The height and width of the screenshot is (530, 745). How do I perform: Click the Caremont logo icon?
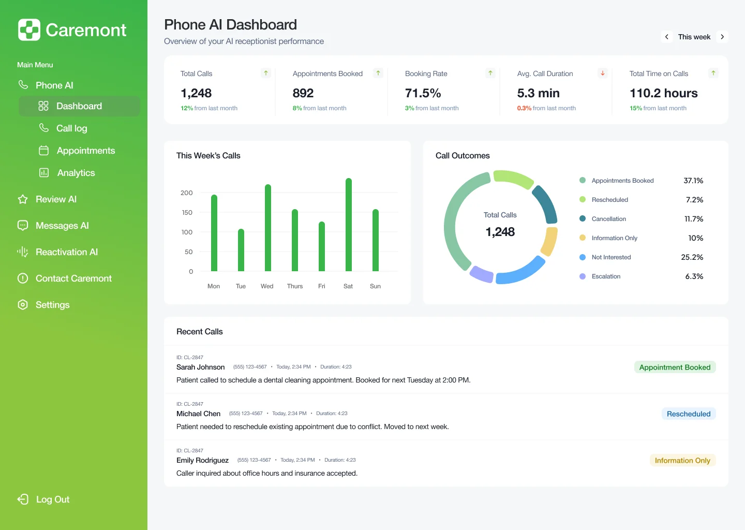click(x=29, y=30)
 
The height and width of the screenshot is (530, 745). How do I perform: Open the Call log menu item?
click(x=71, y=128)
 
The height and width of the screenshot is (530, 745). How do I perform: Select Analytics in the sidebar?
click(x=76, y=173)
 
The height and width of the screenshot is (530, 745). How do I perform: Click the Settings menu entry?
click(x=52, y=305)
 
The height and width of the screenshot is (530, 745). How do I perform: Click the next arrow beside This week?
click(x=722, y=37)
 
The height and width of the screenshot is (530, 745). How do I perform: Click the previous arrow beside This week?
click(x=667, y=37)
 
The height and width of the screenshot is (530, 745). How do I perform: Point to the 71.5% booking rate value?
click(x=423, y=93)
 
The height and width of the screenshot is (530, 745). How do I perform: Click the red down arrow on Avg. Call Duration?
click(x=603, y=73)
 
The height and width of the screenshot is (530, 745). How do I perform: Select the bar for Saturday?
click(x=348, y=225)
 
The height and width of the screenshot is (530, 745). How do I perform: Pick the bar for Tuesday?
click(x=241, y=250)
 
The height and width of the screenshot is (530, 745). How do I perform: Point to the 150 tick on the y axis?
click(x=187, y=213)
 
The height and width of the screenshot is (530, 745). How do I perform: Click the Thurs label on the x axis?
click(x=295, y=286)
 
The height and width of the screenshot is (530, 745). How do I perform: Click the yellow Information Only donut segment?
click(x=550, y=241)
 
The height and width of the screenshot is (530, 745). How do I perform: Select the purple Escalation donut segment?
click(x=482, y=274)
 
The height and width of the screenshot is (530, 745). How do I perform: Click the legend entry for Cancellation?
click(x=608, y=219)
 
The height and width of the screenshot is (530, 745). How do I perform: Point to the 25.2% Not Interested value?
click(x=692, y=257)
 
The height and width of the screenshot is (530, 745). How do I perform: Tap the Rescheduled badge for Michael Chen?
click(x=688, y=414)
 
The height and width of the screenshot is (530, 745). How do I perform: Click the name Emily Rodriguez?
click(x=202, y=460)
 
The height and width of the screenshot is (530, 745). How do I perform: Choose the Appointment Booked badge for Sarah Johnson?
click(x=675, y=367)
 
